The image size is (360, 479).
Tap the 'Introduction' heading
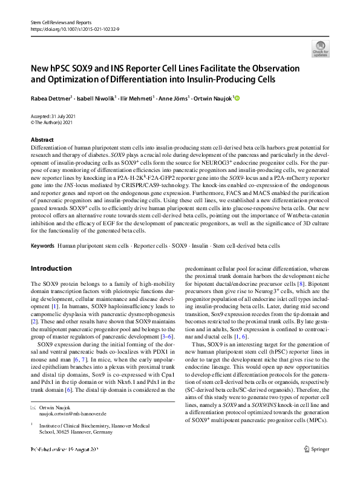pos(51,268)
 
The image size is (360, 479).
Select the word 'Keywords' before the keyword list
pos(42,246)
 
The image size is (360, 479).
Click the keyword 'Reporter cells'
pos(151,246)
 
